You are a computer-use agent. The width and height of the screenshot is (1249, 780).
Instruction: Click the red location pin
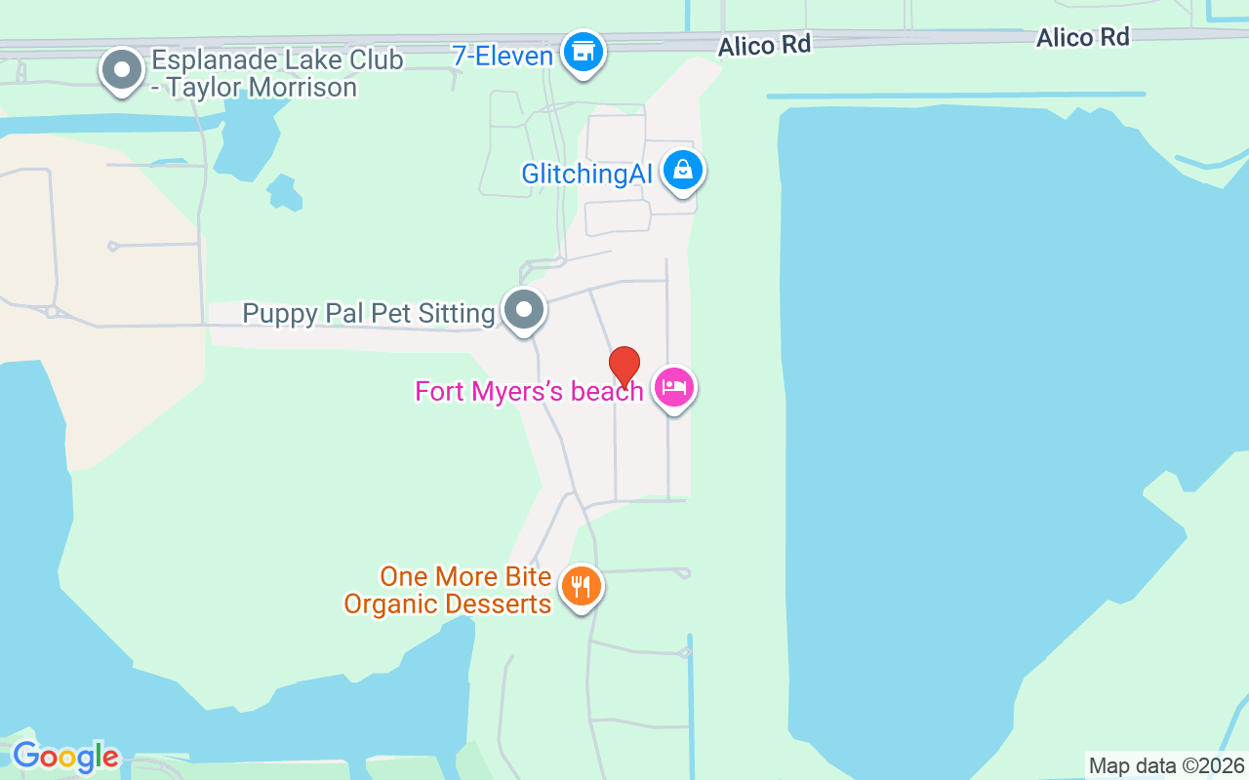(x=624, y=367)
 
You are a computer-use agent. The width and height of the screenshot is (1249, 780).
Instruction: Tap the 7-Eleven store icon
(x=584, y=52)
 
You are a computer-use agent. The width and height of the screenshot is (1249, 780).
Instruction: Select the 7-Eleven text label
(x=503, y=56)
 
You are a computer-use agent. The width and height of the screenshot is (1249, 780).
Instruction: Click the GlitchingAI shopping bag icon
(x=683, y=172)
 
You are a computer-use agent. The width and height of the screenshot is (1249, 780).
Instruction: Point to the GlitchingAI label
(x=586, y=175)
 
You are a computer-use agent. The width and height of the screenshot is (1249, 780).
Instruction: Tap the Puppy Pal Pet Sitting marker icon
(x=524, y=310)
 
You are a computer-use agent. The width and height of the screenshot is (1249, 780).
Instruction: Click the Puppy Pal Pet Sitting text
(x=369, y=313)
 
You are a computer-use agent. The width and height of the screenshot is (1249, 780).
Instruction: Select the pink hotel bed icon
(x=674, y=388)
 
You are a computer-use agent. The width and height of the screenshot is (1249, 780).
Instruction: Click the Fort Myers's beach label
(x=529, y=391)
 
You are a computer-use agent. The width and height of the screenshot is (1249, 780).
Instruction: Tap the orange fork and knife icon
(x=581, y=587)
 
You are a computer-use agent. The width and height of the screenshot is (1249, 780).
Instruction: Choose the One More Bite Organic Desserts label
(x=448, y=590)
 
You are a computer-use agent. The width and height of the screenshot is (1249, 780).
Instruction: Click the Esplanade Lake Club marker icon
(x=122, y=71)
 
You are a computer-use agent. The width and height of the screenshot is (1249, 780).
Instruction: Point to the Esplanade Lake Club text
(x=276, y=59)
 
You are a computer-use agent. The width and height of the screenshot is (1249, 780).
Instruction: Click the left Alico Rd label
(x=764, y=46)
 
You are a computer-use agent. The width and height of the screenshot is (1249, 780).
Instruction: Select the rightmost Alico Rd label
(x=1082, y=38)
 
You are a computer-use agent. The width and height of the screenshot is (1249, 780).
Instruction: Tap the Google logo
(x=65, y=757)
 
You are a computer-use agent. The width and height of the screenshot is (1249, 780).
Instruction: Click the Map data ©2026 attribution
(x=1167, y=765)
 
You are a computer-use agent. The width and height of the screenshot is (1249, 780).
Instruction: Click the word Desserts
(x=497, y=604)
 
